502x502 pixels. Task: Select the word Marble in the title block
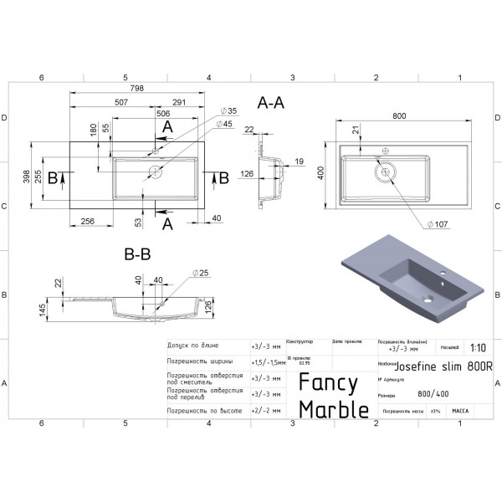coord(334,409)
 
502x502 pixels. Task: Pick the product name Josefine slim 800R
coord(443,366)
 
